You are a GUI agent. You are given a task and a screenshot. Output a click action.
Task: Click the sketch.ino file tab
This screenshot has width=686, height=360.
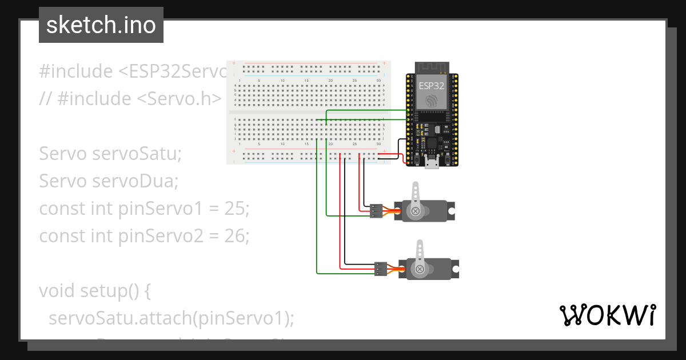(x=101, y=25)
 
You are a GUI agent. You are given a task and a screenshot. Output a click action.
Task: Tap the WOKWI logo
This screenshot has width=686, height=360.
(x=608, y=315)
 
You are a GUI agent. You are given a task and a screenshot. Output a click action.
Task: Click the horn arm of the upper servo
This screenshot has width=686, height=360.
(x=416, y=194)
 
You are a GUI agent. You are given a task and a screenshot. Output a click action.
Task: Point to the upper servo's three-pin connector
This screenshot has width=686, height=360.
(x=376, y=211)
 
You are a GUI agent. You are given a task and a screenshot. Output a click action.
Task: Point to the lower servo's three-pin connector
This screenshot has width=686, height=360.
(x=380, y=269)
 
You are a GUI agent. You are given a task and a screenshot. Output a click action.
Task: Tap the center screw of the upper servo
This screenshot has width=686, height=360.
(x=416, y=211)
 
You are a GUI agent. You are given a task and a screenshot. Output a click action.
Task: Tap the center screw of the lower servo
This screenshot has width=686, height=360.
(x=420, y=269)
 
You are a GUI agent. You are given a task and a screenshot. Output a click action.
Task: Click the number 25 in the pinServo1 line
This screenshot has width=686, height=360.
(x=237, y=209)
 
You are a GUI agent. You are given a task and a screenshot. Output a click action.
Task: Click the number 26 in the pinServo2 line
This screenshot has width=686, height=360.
(x=237, y=236)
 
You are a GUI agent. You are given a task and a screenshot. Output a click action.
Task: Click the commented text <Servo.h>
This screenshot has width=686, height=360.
(x=178, y=99)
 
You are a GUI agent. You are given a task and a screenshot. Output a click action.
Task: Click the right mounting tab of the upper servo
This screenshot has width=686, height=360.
(x=452, y=211)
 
